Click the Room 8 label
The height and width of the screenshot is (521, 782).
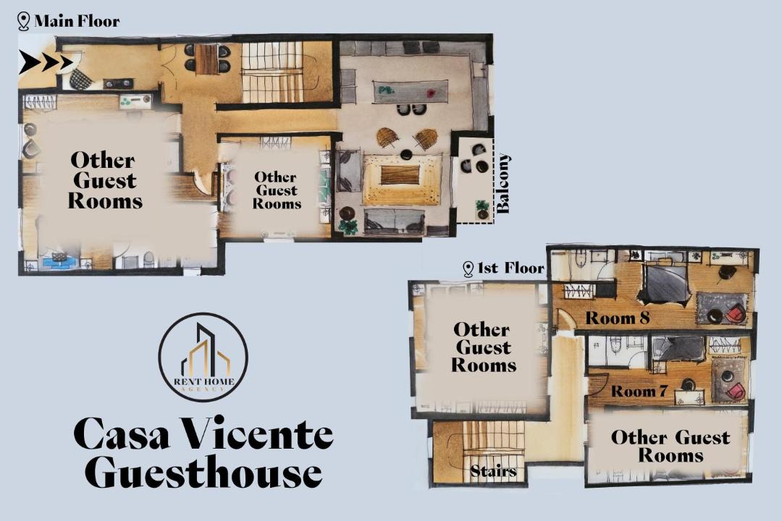click(618, 318)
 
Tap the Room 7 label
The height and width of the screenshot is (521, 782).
click(639, 391)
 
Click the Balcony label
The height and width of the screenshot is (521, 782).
click(503, 184)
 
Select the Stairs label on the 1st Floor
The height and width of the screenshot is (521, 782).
click(493, 471)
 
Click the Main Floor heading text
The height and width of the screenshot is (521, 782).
click(77, 21)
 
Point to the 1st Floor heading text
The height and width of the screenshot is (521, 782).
click(510, 268)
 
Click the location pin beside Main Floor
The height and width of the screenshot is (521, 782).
click(23, 22)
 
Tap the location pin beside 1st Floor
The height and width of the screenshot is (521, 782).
click(468, 269)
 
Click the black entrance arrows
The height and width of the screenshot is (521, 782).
click(46, 62)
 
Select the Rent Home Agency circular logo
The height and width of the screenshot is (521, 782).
click(203, 357)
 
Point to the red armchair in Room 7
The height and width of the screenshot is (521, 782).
click(736, 390)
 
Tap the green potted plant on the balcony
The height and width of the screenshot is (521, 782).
click(482, 209)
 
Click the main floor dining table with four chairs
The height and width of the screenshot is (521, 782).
click(207, 59)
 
